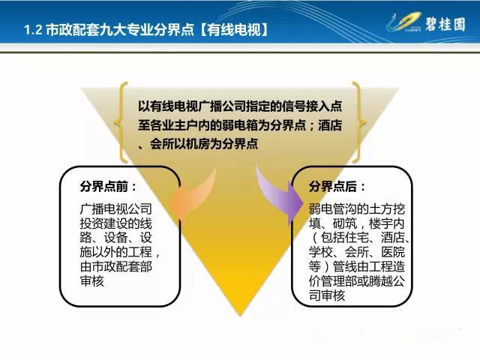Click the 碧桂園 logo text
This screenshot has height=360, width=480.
pyautogui.click(x=445, y=24)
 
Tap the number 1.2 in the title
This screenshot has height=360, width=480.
pyautogui.click(x=33, y=30)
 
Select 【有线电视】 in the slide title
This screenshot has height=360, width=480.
pyautogui.click(x=234, y=30)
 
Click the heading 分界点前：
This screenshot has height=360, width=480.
pyautogui.click(x=108, y=187)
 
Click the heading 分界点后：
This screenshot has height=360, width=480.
pyautogui.click(x=337, y=187)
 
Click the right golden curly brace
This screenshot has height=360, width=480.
pyautogui.click(x=358, y=122)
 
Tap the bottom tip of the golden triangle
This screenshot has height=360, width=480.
pyautogui.click(x=240, y=316)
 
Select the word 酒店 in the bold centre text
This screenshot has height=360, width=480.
pyautogui.click(x=330, y=125)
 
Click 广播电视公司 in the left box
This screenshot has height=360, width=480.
pyautogui.click(x=116, y=208)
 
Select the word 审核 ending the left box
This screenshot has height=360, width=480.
pyautogui.click(x=92, y=280)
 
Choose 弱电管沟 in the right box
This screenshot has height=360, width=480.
pyautogui.click(x=333, y=208)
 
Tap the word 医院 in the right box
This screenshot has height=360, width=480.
pyautogui.click(x=393, y=252)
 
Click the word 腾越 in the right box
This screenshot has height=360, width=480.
pyautogui.click(x=381, y=281)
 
